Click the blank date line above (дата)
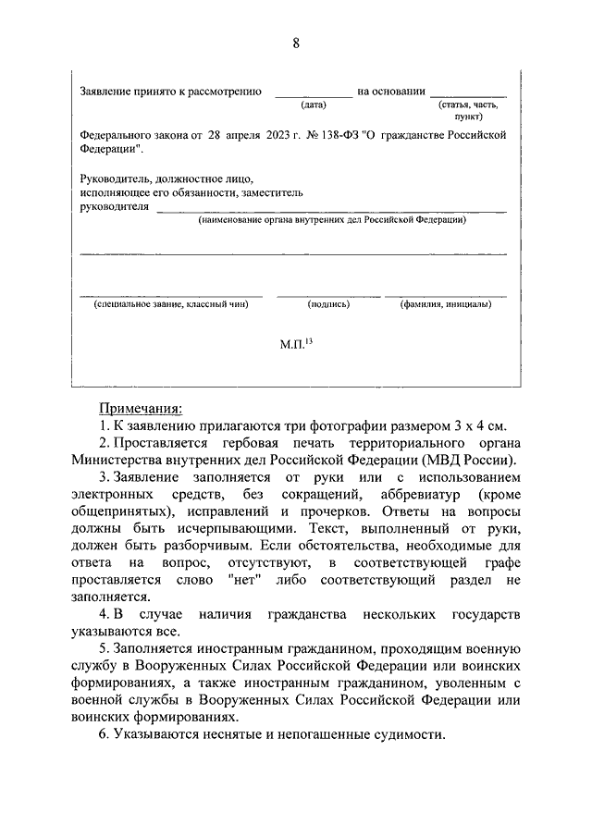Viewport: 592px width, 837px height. tap(314, 95)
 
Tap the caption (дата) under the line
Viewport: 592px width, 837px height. tap(314, 107)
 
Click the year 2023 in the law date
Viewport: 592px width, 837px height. tap(277, 136)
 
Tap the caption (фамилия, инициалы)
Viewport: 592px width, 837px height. tap(451, 304)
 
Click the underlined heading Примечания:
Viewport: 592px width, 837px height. tap(142, 408)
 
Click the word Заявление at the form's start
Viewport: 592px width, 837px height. tap(105, 92)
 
